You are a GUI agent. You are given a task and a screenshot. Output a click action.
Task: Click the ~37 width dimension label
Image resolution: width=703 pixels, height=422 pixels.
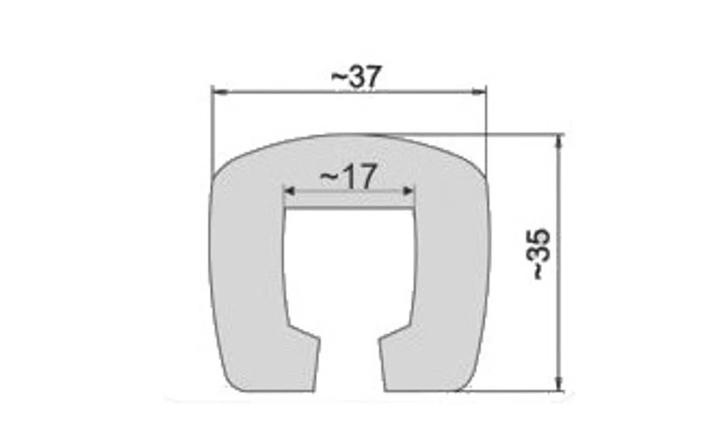tap(357, 78)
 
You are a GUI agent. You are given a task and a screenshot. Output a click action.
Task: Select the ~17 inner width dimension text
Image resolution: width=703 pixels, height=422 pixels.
tap(348, 176)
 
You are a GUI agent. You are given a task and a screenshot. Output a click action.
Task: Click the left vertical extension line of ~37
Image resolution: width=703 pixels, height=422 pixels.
tap(212, 131)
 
